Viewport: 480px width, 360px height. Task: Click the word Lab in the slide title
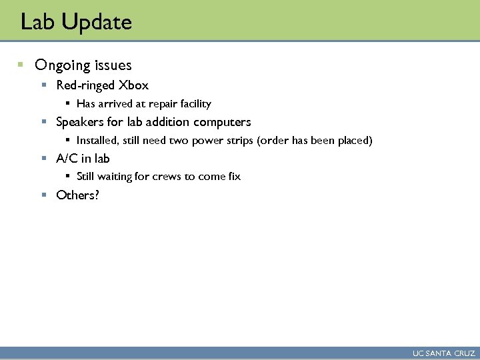tap(38, 23)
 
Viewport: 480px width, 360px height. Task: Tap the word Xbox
tap(133, 85)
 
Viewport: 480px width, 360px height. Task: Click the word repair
tap(165, 104)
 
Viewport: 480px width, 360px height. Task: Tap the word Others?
tap(77, 195)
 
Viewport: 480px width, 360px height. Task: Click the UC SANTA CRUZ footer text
tap(443, 353)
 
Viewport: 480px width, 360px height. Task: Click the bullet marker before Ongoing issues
tap(21, 65)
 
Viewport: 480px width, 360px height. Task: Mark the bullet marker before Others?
tap(43, 195)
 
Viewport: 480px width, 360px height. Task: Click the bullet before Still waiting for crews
tap(67, 177)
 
